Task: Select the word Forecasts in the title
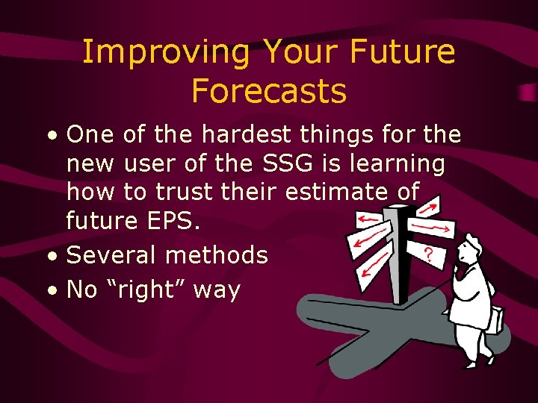269,91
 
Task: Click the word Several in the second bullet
112,255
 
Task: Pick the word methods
217,255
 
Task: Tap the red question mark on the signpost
428,254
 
